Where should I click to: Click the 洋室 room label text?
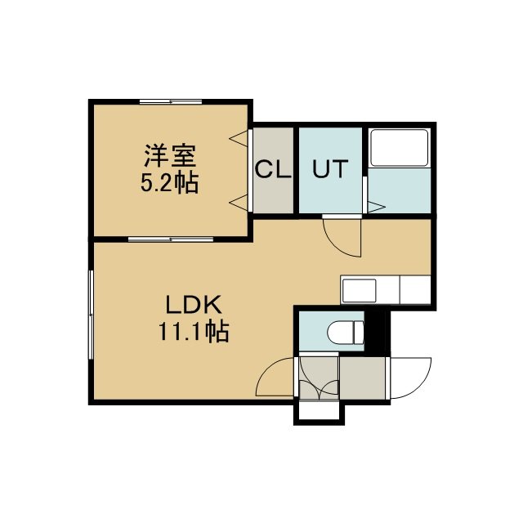170,156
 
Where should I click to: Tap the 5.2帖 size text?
169,182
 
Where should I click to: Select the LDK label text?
194,304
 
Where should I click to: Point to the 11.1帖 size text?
194,331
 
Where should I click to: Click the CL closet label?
273,169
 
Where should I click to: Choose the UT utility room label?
330,168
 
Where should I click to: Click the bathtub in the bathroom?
400,147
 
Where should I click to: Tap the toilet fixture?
346,332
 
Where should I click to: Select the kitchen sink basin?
360,291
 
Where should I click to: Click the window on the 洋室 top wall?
171,101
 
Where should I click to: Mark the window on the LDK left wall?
91,315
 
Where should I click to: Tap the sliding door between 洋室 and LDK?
171,239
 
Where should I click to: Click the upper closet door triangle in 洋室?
239,138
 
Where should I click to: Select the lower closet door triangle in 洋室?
239,203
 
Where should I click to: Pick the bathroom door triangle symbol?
376,207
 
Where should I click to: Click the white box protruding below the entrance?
319,413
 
